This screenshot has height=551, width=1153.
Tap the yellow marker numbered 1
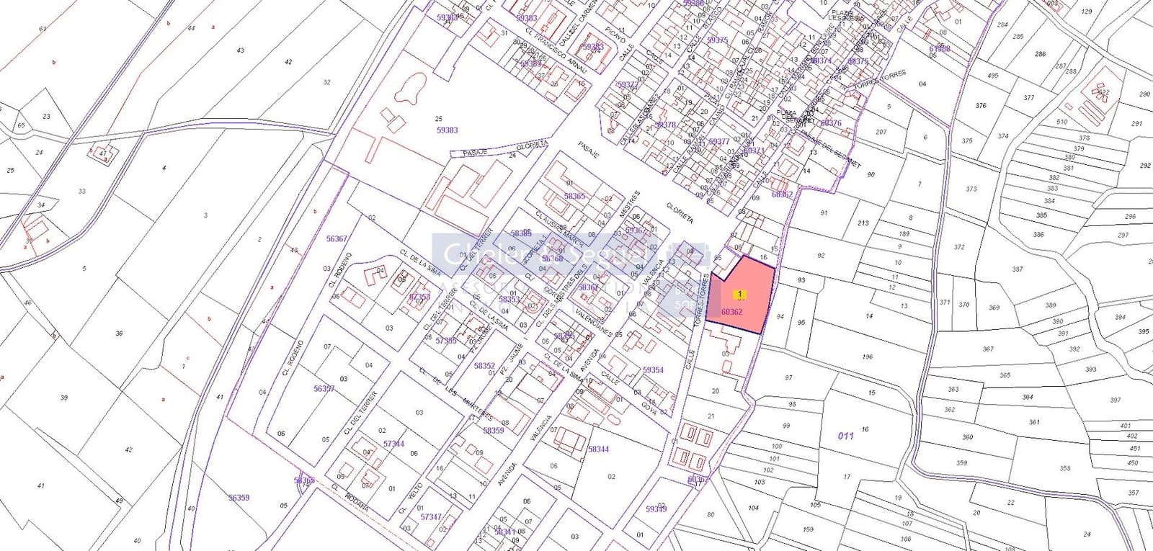[739, 294]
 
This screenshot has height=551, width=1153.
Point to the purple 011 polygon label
[845, 436]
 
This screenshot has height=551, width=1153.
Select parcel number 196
[867, 357]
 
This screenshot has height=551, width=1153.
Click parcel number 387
[1017, 269]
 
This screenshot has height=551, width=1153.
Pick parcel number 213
[863, 223]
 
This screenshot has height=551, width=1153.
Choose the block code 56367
[337, 238]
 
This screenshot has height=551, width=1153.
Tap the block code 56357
[324, 388]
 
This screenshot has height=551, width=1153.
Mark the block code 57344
[393, 444]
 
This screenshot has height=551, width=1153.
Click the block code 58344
[598, 449]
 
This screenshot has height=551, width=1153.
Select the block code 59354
[653, 369]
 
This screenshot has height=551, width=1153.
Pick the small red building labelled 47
[103, 153]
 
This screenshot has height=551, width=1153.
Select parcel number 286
[1040, 54]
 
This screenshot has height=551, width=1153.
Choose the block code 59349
[656, 509]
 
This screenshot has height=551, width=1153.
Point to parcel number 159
[808, 529]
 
